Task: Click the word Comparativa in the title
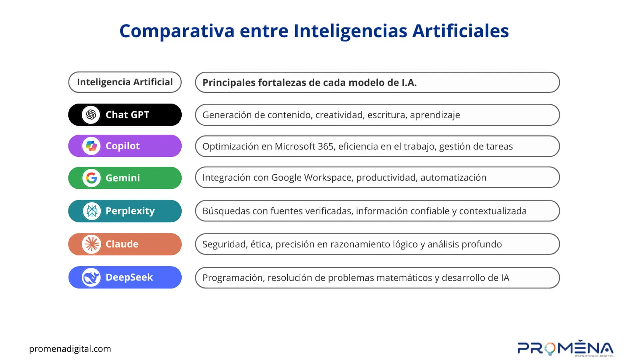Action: (x=177, y=31)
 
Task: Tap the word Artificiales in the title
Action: (x=461, y=31)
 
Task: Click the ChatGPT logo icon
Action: (x=91, y=115)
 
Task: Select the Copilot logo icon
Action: (x=91, y=146)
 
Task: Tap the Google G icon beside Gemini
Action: (x=91, y=178)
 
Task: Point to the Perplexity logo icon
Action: (x=92, y=211)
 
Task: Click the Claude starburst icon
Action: (x=91, y=244)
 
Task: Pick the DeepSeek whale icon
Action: (x=91, y=277)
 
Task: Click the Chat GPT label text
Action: (x=127, y=115)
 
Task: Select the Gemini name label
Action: (x=123, y=178)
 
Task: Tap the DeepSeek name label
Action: (x=129, y=277)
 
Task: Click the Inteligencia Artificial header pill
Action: (x=125, y=82)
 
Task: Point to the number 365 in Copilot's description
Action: (x=326, y=146)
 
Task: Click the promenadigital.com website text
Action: (x=70, y=349)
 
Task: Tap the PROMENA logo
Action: (x=566, y=348)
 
